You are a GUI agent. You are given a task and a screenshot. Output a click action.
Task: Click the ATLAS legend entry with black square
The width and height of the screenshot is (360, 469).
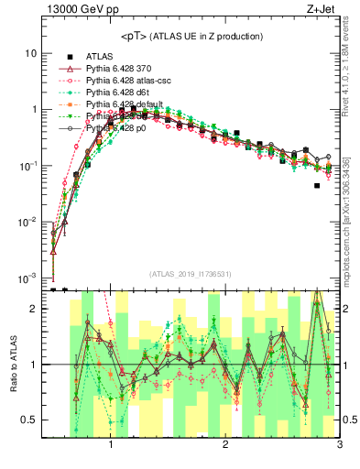point(101,57)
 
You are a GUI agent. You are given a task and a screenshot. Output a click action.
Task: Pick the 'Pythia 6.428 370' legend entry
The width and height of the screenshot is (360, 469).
point(120,69)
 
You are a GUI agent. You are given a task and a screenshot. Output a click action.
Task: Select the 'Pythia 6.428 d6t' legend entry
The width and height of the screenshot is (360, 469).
point(120,93)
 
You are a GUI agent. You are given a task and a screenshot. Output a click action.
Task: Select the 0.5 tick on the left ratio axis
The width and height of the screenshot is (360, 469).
point(27,420)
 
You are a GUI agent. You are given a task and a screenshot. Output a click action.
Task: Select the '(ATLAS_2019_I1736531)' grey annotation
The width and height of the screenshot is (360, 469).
point(191,273)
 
